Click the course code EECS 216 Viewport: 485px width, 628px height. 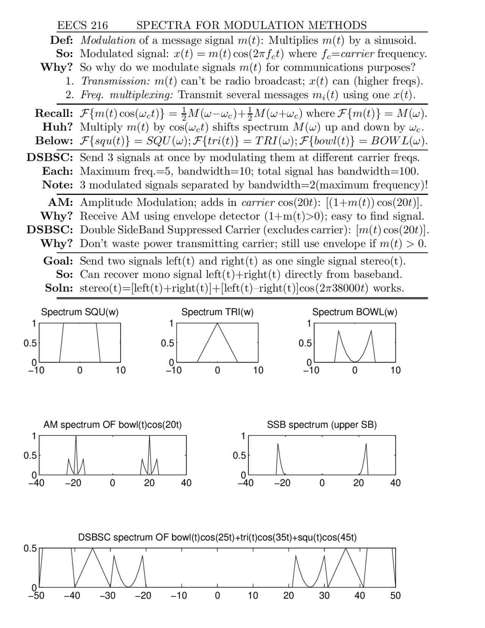82,25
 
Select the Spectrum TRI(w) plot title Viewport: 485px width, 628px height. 217,312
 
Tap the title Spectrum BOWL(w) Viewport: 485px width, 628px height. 355,312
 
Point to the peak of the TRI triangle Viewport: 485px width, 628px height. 217,323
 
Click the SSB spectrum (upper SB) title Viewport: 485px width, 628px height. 322,425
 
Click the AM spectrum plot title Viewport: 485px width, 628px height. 113,425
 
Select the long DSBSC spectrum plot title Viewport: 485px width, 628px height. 217,537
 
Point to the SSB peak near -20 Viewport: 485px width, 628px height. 278,444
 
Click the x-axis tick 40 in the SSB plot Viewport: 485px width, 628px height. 395,483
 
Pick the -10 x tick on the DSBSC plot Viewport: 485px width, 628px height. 179,595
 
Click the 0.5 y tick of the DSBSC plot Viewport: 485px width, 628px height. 30,548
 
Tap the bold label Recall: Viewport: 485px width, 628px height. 54,113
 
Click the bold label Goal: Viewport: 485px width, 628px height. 58,261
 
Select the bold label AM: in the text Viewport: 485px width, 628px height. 60,203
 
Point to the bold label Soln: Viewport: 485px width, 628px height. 59,288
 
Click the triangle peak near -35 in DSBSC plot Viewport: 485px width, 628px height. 92,549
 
